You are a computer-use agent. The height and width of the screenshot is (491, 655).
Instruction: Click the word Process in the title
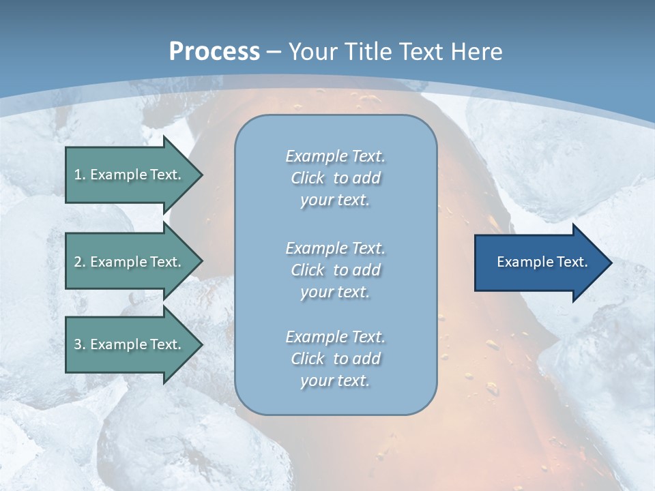coord(214,52)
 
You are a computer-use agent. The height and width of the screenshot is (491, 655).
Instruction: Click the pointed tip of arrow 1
coord(201,175)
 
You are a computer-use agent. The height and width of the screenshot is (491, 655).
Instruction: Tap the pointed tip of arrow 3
coord(201,345)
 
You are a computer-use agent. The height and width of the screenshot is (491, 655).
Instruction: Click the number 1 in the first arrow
coord(78,175)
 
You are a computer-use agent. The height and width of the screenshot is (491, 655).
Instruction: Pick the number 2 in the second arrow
coord(78,262)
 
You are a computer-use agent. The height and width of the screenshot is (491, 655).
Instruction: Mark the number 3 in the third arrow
coord(78,344)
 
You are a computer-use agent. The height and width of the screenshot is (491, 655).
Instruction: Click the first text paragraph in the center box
coord(335,178)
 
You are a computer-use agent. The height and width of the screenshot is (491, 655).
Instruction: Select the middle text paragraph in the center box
coord(335,270)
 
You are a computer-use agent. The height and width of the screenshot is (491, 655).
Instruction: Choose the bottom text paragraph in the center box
coord(335,359)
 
